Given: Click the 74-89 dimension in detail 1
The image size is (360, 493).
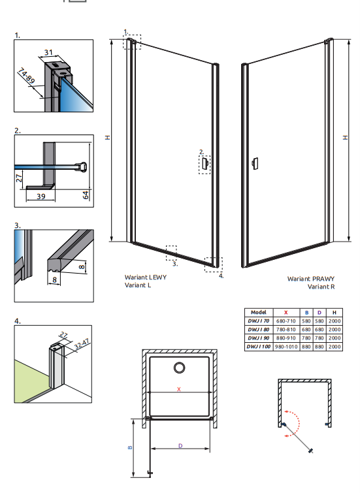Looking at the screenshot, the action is click(25, 76).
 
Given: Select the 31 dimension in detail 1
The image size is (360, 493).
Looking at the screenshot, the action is click(48, 52).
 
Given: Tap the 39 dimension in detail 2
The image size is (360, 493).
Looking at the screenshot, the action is click(41, 197).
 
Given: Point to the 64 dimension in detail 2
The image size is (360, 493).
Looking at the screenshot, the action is click(86, 195).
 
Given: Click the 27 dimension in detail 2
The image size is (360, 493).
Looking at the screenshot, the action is click(19, 178).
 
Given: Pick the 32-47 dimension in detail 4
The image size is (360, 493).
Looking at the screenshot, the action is click(82, 344).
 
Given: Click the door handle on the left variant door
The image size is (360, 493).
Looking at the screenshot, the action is click(205, 163).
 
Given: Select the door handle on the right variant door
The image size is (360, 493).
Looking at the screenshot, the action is click(255, 163).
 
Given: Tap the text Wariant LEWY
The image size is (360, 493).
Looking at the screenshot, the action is click(146, 278).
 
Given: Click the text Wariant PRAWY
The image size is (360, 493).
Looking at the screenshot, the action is click(311, 279).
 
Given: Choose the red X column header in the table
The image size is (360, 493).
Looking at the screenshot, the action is click(286, 313).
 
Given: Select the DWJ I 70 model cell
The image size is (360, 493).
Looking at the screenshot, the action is click(258, 321).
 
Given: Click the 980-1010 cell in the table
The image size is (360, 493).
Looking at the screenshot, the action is click(286, 347).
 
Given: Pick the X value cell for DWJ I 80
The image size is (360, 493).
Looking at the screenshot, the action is click(286, 330).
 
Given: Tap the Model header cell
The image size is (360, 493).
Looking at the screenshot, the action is click(259, 312).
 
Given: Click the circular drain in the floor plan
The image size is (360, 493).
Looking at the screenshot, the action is click(180, 368).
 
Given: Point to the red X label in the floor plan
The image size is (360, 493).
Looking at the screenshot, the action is click(179, 389).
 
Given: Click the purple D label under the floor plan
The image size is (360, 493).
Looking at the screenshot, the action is click(180, 446).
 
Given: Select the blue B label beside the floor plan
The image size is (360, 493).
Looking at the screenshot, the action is click(130, 447).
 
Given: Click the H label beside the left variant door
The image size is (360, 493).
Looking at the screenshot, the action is click(108, 137).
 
